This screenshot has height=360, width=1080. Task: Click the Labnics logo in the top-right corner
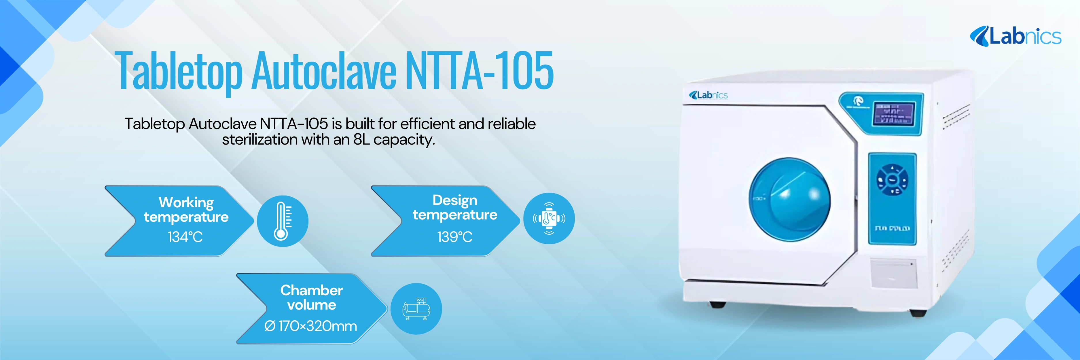coord(1015,37)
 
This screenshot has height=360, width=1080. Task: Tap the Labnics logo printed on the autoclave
coord(708,95)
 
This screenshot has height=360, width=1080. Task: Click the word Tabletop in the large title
coord(179,71)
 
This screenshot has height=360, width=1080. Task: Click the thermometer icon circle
coord(282,221)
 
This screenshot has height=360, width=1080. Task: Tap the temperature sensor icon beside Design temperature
coord(549,218)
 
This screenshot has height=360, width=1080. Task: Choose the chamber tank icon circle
coord(416,309)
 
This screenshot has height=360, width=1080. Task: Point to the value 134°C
coord(185,237)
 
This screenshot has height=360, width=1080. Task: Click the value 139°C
coord(454,237)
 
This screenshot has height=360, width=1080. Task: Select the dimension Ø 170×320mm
coord(311,326)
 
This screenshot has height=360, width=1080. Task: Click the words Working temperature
coord(186,210)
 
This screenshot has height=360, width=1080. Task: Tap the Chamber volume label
coord(312,297)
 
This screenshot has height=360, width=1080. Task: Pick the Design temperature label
coord(455,207)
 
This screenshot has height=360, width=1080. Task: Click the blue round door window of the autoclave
coord(789,200)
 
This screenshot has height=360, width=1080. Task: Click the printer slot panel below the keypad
coord(893,273)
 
